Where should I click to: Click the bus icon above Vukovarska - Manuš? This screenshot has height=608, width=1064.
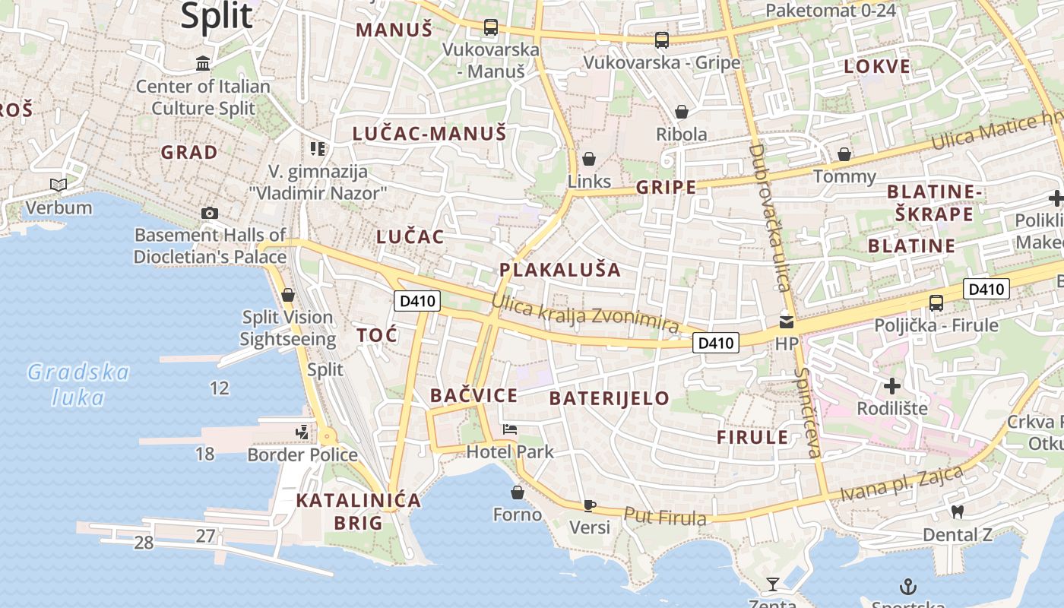pyautogui.click(x=491, y=28)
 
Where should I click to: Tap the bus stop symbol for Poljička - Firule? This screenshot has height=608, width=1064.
pyautogui.click(x=936, y=302)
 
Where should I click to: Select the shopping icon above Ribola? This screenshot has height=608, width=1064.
pyautogui.click(x=682, y=112)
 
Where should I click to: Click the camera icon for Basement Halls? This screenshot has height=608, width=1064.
pyautogui.click(x=210, y=214)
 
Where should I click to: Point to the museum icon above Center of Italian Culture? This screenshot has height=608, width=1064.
pyautogui.click(x=203, y=63)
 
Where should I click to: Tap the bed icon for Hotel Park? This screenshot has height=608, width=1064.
pyautogui.click(x=510, y=430)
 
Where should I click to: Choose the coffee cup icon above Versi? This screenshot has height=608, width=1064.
pyautogui.click(x=590, y=505)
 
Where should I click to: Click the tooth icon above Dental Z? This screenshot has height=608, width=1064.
pyautogui.click(x=958, y=513)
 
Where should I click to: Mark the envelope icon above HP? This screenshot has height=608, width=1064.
pyautogui.click(x=787, y=322)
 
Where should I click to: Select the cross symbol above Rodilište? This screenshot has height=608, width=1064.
pyautogui.click(x=892, y=386)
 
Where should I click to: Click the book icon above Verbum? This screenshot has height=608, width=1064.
pyautogui.click(x=59, y=185)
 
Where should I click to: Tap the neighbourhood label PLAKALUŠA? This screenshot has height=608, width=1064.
pyautogui.click(x=560, y=270)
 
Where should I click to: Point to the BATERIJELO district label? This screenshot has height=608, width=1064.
pyautogui.click(x=610, y=398)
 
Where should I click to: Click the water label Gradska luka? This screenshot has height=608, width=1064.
pyautogui.click(x=78, y=385)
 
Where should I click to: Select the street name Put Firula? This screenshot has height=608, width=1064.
pyautogui.click(x=665, y=516)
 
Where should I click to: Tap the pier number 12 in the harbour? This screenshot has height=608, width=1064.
pyautogui.click(x=220, y=388)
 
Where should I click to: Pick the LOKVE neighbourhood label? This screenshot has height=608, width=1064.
pyautogui.click(x=877, y=66)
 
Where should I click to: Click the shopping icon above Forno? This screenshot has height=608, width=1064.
pyautogui.click(x=518, y=493)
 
